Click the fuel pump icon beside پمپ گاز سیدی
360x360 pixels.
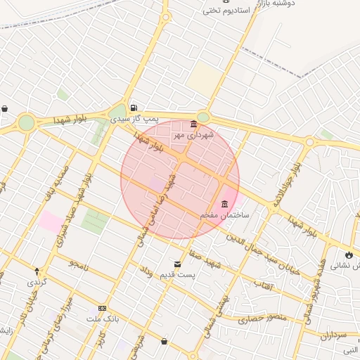[x=133, y=108]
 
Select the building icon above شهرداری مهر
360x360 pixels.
[x=193, y=124]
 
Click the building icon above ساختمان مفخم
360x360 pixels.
[x=225, y=205]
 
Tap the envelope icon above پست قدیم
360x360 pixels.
[x=176, y=264]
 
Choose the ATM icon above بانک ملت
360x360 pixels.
[x=103, y=308]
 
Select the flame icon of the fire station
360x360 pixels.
[x=349, y=255]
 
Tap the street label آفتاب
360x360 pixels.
[x=262, y=288]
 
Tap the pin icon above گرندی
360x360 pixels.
[x=37, y=271]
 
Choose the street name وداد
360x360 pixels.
[x=146, y=271]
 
